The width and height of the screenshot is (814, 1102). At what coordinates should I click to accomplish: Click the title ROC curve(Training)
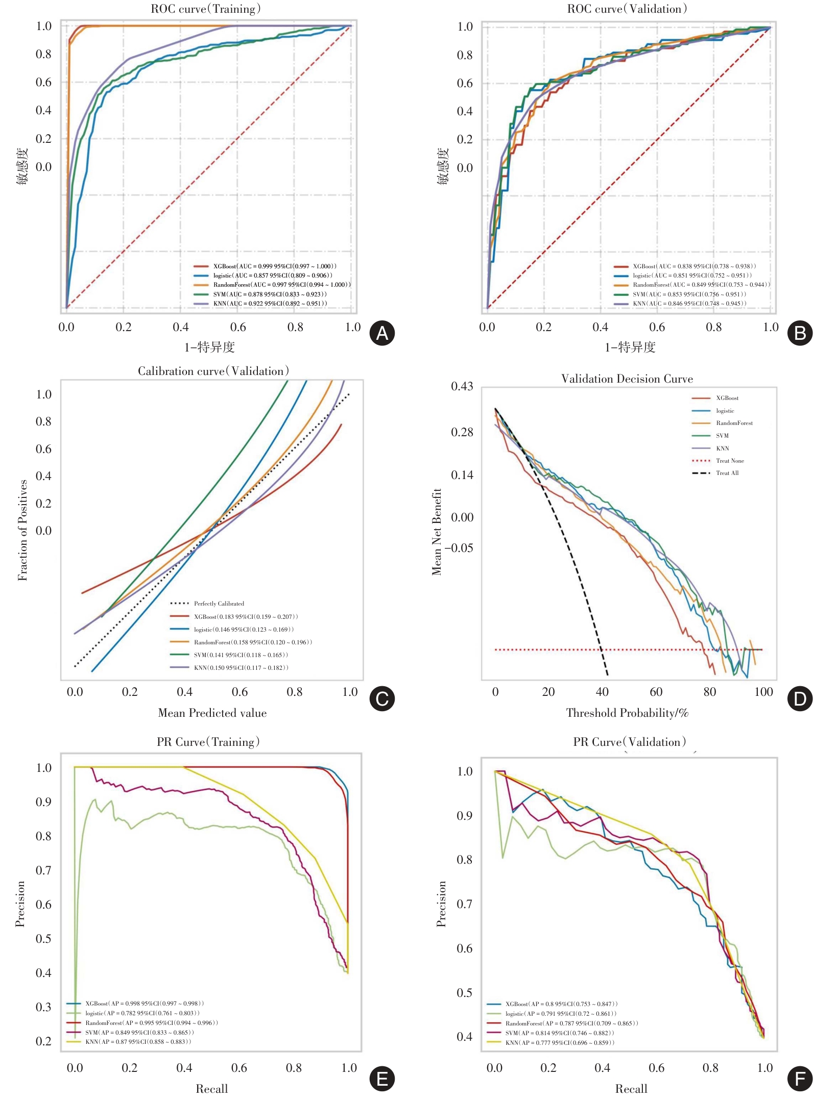tap(206, 9)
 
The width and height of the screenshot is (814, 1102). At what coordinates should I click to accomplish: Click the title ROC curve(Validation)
tap(627, 9)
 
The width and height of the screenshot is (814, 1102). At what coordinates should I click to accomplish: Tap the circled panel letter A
tap(382, 333)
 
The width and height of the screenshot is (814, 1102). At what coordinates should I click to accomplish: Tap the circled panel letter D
tap(800, 699)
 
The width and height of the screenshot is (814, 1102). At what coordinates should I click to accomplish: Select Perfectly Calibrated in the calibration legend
tap(219, 604)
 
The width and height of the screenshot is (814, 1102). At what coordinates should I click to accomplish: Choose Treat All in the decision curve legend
tap(727, 473)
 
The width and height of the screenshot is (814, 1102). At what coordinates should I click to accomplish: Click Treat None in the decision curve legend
tap(730, 461)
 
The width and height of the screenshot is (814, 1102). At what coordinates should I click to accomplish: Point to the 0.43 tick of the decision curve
tap(462, 386)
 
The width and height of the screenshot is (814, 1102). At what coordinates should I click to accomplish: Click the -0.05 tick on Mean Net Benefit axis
tap(459, 548)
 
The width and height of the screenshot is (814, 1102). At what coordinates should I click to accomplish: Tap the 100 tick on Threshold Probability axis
tap(763, 692)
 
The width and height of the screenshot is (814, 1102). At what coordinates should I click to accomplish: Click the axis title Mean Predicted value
tap(212, 713)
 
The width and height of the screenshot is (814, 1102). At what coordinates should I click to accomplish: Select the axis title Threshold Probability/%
tap(627, 713)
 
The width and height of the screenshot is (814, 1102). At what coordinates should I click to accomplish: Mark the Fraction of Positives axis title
tap(22, 531)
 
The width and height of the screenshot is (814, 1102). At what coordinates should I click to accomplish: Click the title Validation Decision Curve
tap(627, 379)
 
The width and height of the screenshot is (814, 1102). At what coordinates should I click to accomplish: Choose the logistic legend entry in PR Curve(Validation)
tap(561, 1014)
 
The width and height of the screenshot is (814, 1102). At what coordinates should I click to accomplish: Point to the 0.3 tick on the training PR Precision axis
tap(43, 1007)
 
